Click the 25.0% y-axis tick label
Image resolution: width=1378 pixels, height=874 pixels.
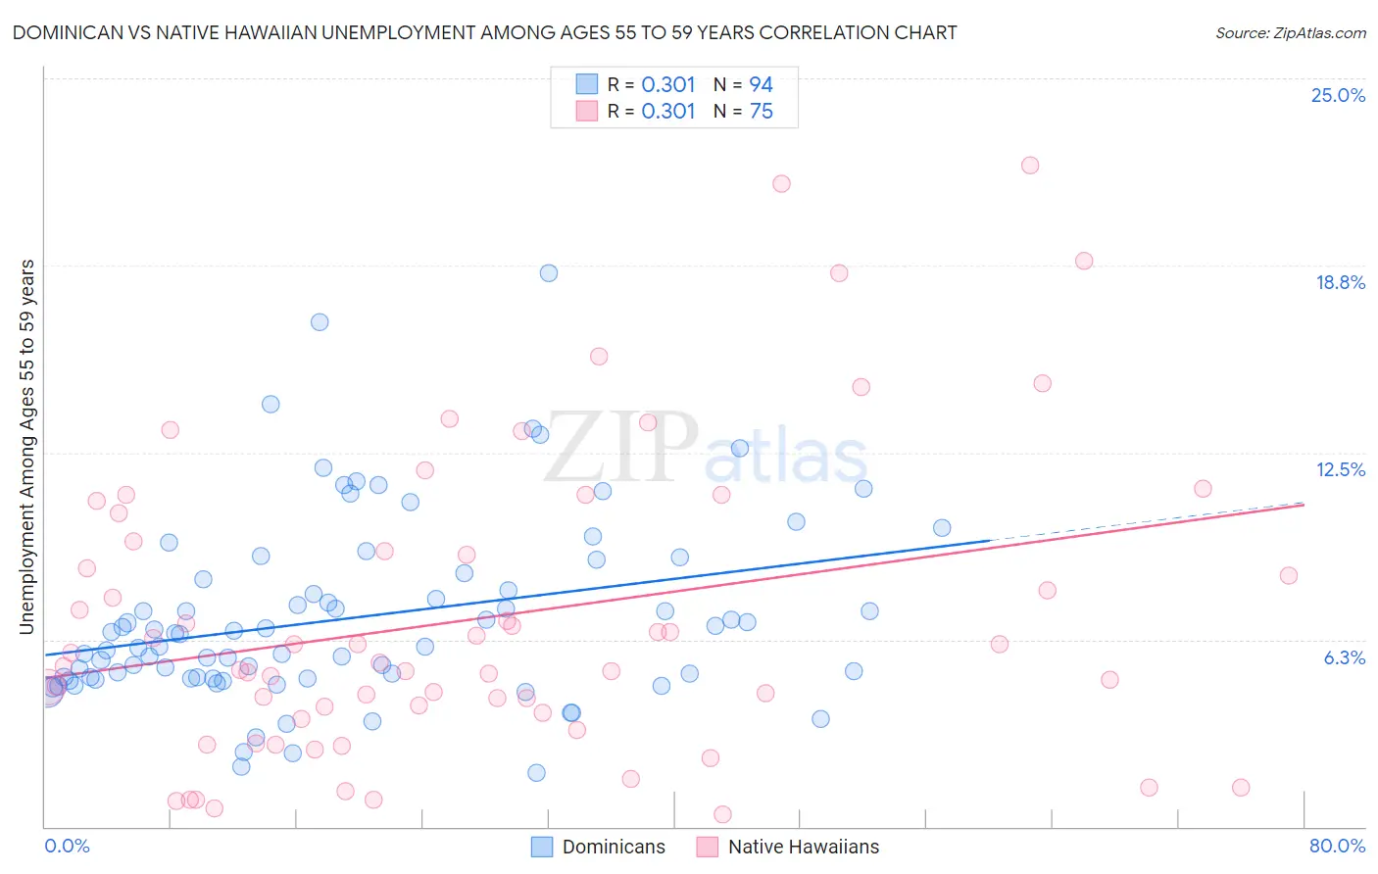[1338, 95]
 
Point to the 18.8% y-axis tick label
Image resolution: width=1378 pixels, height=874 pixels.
[1340, 282]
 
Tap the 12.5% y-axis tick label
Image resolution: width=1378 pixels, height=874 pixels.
[1340, 469]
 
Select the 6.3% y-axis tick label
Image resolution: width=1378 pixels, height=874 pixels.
[1344, 657]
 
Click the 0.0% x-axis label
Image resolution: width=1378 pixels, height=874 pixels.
[67, 846]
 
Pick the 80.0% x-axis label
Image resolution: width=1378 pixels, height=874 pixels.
[1337, 846]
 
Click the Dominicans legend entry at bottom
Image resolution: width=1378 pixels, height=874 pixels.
[598, 847]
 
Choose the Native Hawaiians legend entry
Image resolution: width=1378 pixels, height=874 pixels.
[787, 847]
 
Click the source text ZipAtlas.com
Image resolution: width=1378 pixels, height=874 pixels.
[1290, 32]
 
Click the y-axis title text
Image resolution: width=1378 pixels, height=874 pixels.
[26, 446]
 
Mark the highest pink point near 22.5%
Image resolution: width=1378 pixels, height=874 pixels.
[1029, 165]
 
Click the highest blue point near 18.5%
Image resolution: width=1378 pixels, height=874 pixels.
[549, 272]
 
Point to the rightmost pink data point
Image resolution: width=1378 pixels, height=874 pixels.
[1288, 575]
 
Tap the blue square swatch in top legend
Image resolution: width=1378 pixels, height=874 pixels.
[586, 84]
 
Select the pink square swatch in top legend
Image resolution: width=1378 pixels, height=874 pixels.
[586, 111]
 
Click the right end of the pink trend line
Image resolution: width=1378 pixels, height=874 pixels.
[1304, 504]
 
